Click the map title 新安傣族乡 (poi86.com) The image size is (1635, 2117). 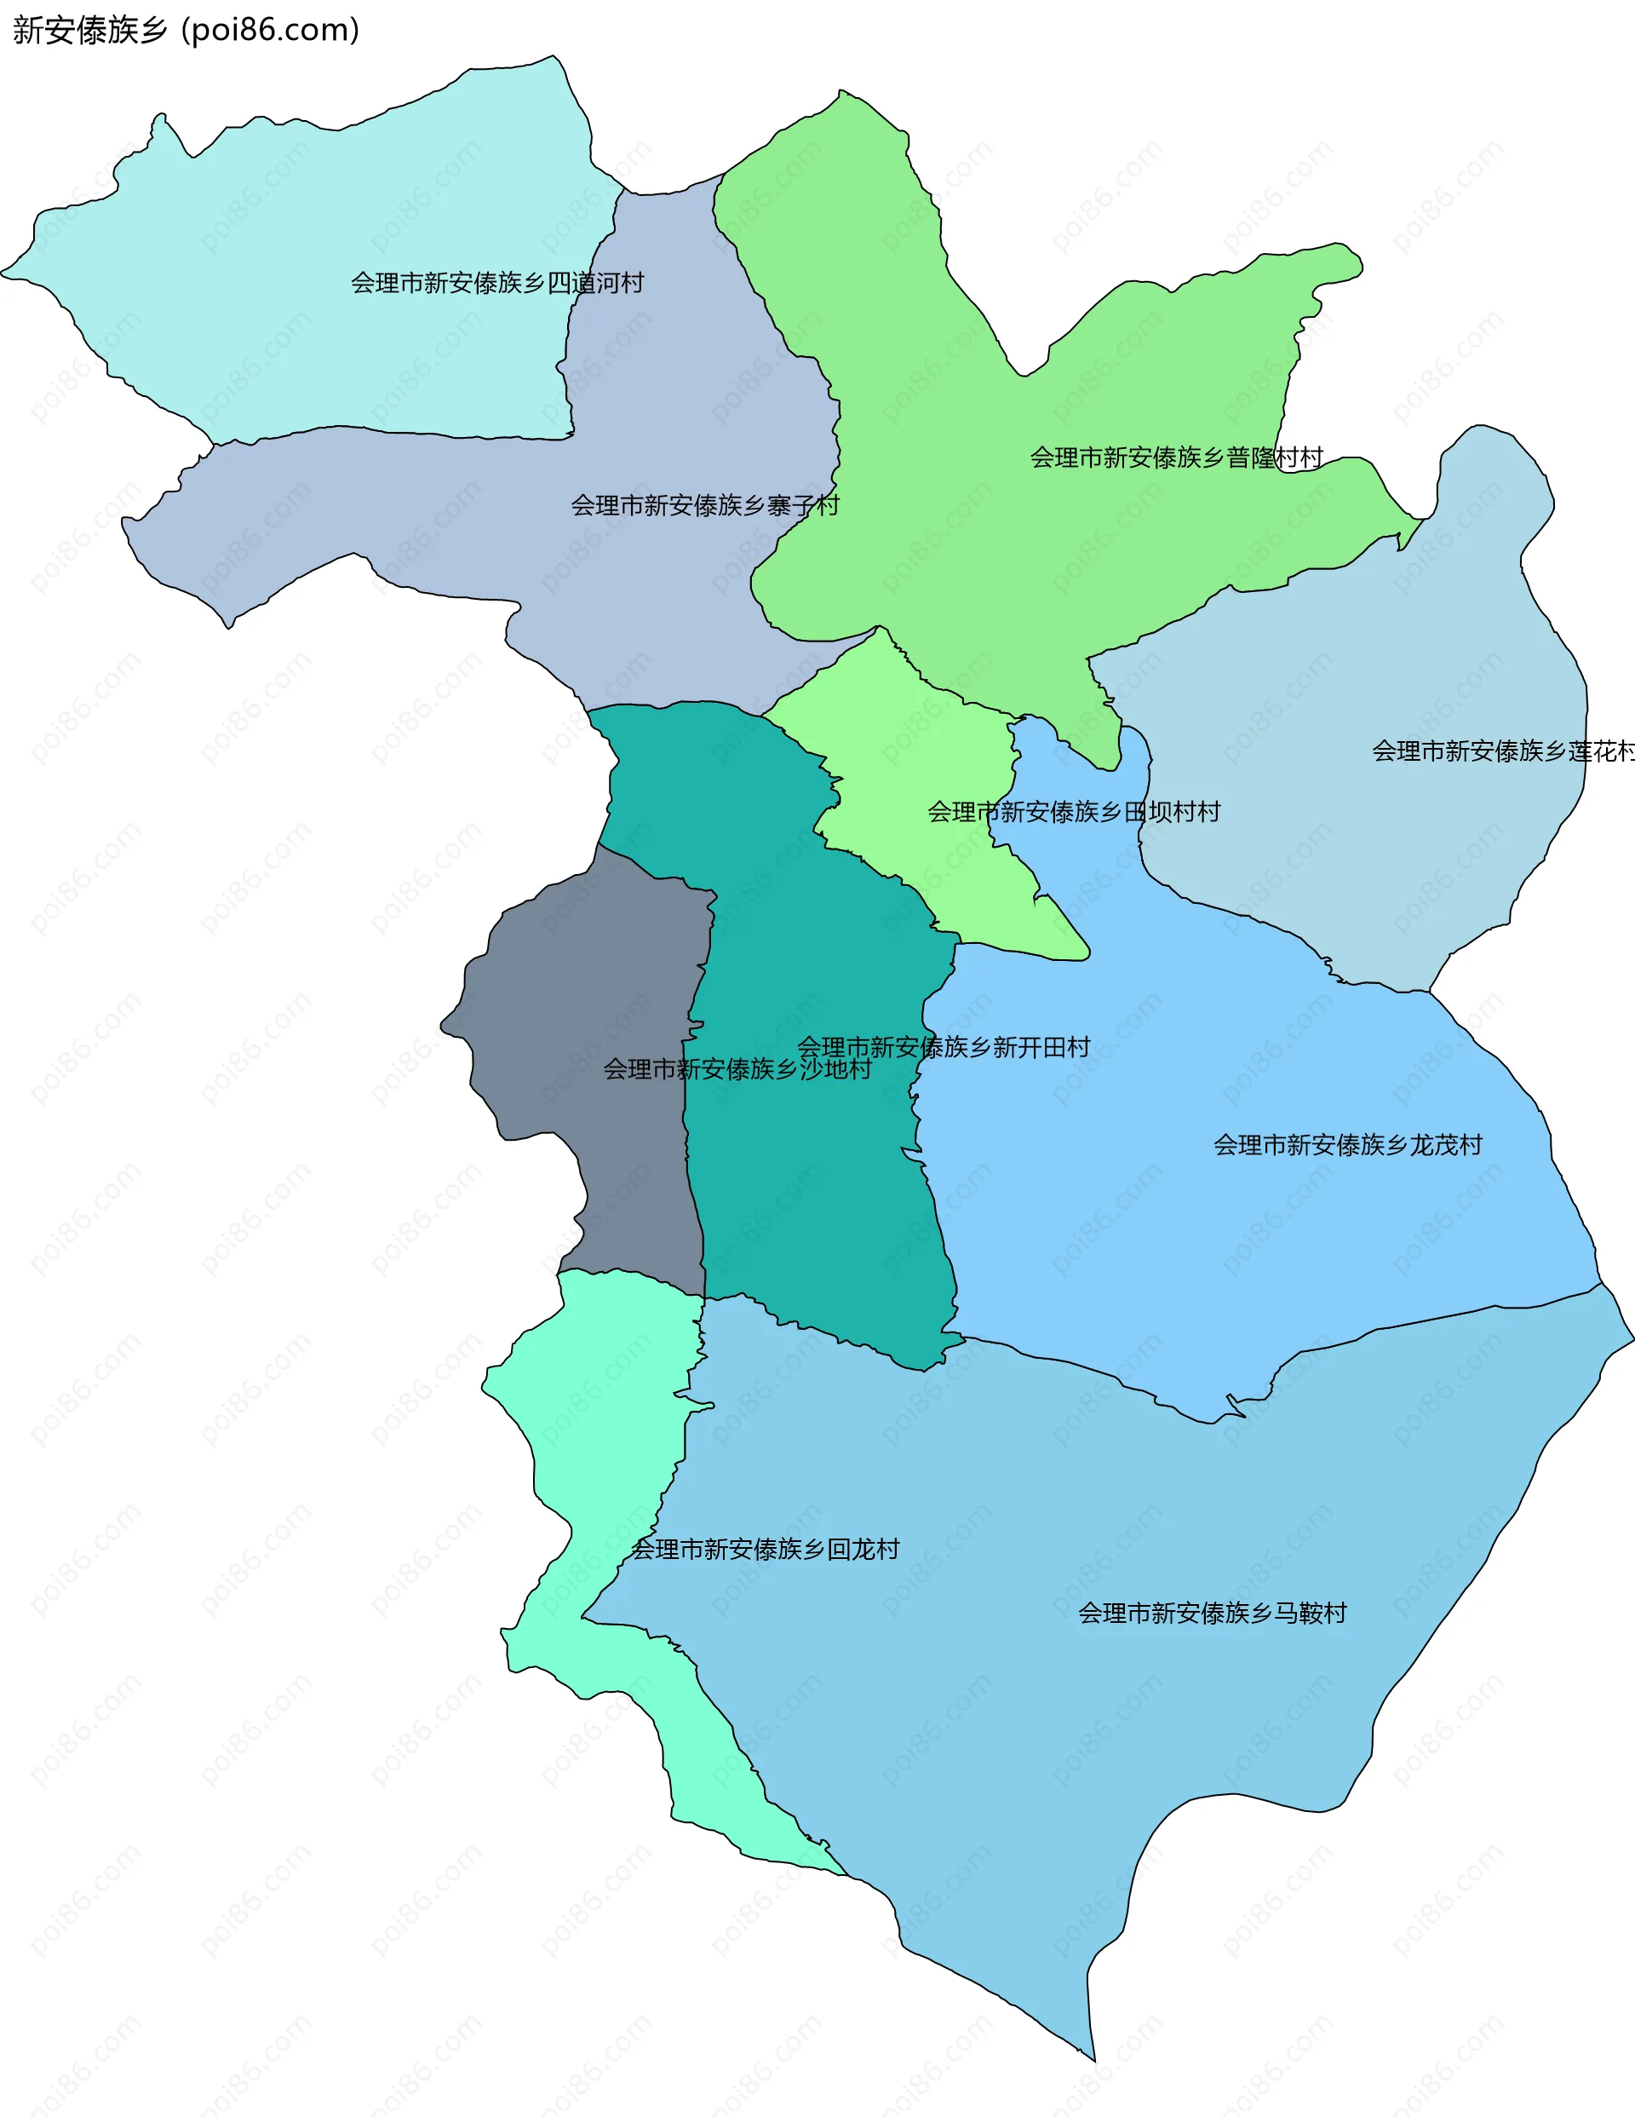click(x=186, y=30)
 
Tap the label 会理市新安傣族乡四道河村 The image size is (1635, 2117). click(x=497, y=283)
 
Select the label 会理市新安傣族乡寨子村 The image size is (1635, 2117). click(x=704, y=505)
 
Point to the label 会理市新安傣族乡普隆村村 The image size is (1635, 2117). click(x=1176, y=457)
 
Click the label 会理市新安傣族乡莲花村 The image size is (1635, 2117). click(x=1502, y=751)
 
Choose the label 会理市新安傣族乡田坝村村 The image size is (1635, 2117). click(x=1073, y=811)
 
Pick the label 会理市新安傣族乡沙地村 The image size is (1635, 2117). click(x=737, y=1069)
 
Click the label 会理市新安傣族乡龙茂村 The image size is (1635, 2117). click(x=1347, y=1145)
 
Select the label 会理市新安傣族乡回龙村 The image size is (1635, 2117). click(x=765, y=1549)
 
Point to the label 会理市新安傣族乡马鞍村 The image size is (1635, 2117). click(x=1212, y=1613)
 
